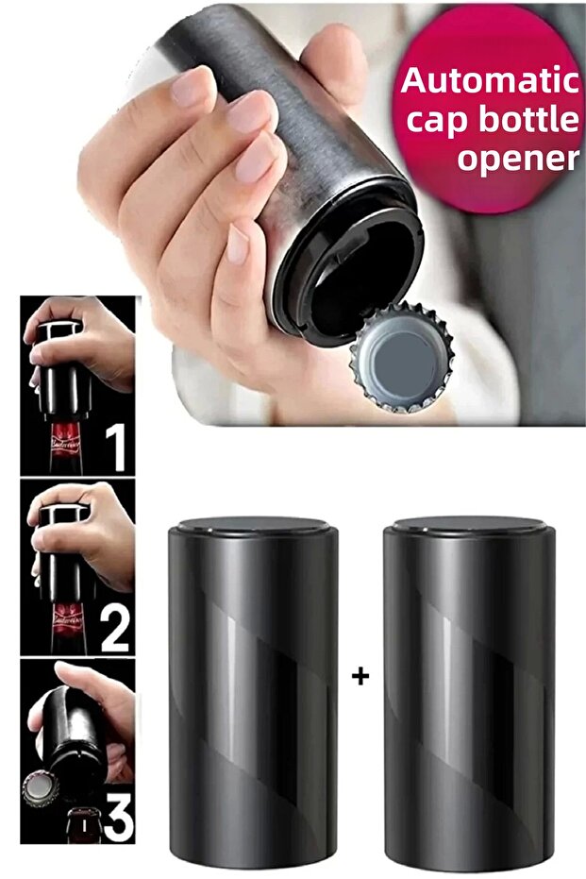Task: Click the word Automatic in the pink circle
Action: click(490, 81)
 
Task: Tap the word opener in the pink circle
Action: click(518, 158)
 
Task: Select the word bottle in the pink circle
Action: click(530, 119)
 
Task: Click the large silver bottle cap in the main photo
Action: click(401, 357)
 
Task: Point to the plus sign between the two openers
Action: click(360, 677)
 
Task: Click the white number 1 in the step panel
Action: click(117, 448)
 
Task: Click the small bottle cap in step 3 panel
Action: click(41, 788)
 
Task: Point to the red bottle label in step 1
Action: click(66, 444)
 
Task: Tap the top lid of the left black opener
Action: click(253, 527)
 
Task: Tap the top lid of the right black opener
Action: click(469, 526)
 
